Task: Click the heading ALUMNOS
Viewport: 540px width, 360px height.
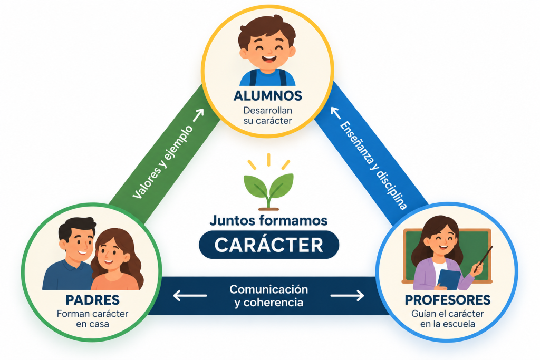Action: click(267, 96)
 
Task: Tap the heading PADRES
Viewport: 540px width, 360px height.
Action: click(93, 300)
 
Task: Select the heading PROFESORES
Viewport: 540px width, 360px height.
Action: click(448, 300)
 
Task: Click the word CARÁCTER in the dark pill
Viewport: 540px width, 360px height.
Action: click(268, 245)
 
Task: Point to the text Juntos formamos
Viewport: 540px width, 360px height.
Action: click(268, 221)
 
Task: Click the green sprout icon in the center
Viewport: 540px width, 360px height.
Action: click(268, 182)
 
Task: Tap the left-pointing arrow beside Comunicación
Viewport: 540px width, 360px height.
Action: click(190, 295)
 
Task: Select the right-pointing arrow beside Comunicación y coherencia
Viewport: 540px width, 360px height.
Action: click(347, 295)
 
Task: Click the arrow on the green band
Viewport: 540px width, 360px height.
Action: click(198, 115)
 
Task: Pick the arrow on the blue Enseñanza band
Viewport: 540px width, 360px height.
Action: click(336, 113)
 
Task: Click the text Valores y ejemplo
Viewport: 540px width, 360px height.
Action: click(162, 162)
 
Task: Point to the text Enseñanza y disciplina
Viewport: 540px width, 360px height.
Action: click(373, 165)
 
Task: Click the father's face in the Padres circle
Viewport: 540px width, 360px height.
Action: click(78, 242)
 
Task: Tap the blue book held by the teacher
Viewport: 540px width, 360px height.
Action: click(449, 279)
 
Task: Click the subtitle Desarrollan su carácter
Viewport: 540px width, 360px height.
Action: click(267, 115)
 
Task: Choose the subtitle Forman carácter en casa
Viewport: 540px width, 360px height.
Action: click(93, 319)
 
